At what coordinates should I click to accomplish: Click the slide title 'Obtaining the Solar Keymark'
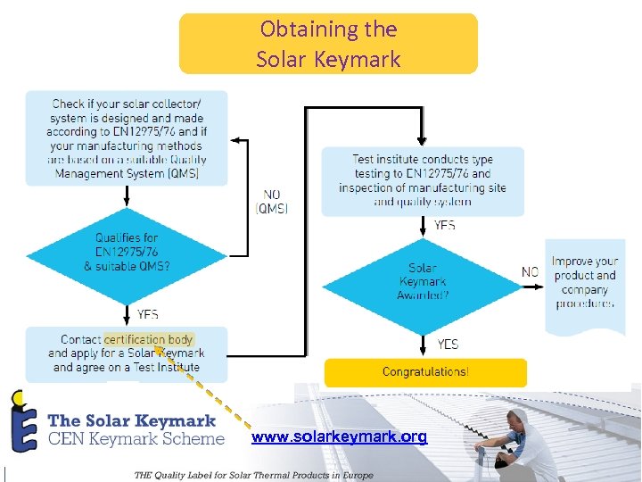[328, 44]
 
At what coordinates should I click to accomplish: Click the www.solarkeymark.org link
[339, 436]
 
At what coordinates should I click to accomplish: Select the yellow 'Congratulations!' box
[425, 371]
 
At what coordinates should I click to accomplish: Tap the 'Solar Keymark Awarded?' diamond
[422, 281]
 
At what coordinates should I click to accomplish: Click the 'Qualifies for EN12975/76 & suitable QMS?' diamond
[127, 253]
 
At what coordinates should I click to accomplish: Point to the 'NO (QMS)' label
[271, 201]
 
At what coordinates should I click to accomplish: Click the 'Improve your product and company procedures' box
[584, 283]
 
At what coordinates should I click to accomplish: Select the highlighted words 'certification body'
[148, 339]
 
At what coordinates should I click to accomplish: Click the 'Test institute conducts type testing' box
[422, 181]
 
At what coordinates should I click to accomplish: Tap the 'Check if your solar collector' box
[127, 138]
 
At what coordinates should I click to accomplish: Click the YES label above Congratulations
[448, 344]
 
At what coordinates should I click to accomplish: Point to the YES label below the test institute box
[444, 226]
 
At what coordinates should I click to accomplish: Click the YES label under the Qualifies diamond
[148, 314]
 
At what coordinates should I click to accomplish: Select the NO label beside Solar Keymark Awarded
[530, 271]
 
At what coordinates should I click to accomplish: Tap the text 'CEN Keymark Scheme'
[136, 438]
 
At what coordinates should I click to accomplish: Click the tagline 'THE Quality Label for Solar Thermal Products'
[253, 475]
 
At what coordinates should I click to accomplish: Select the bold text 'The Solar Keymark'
[131, 420]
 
